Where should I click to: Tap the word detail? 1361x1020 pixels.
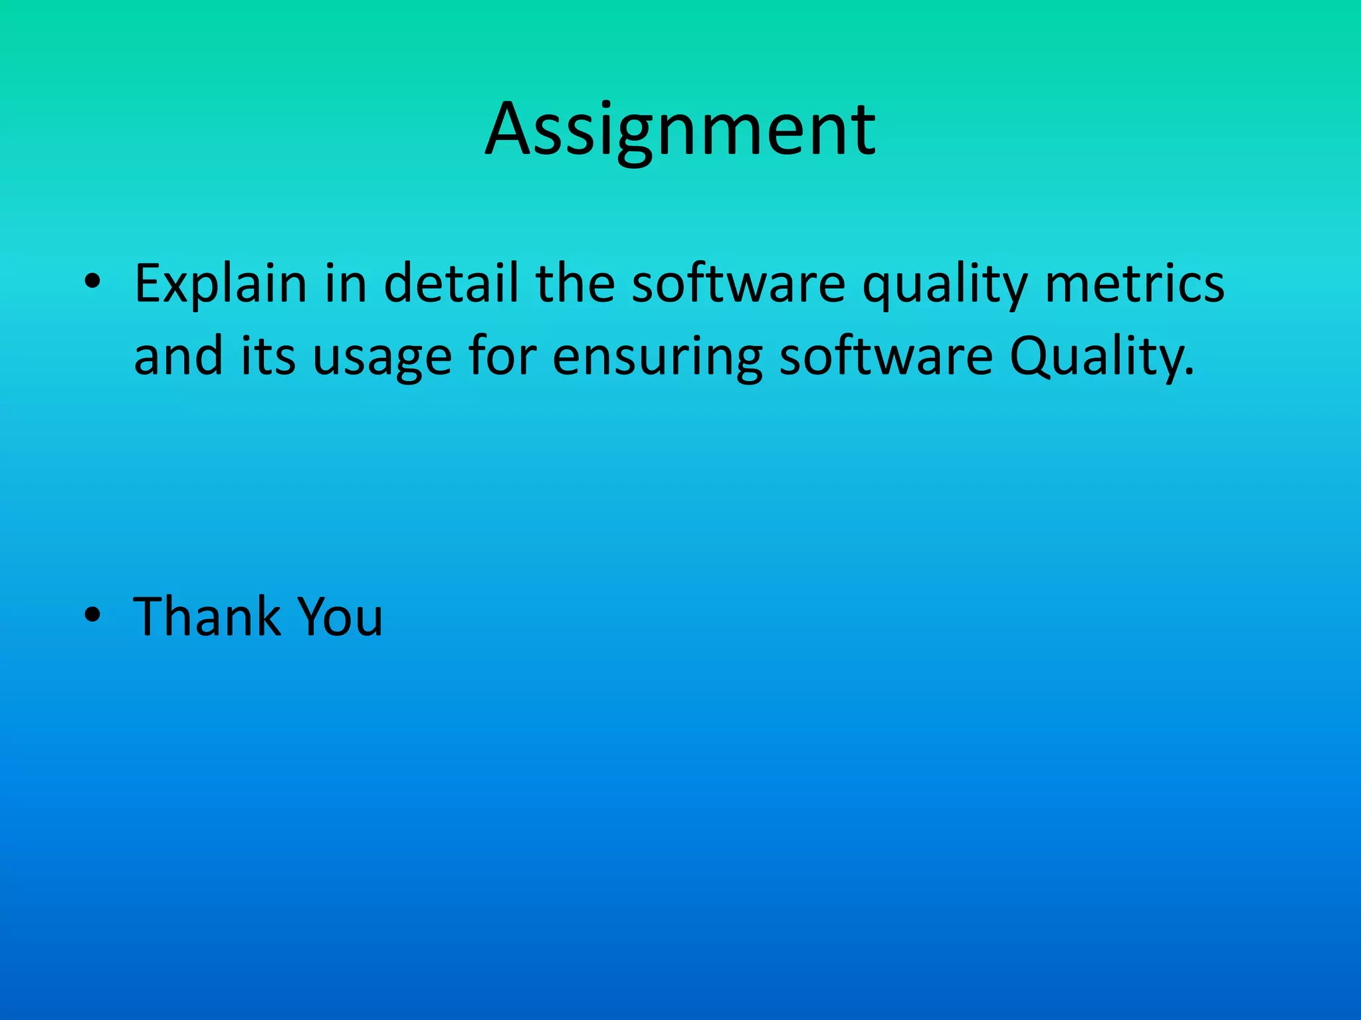click(451, 284)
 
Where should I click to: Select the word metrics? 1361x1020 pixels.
click(1134, 284)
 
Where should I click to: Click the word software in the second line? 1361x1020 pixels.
click(886, 357)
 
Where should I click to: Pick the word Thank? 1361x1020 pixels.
click(207, 617)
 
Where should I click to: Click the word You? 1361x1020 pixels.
click(340, 617)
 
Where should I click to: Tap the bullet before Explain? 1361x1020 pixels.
click(92, 283)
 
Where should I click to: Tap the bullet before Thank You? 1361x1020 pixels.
click(92, 616)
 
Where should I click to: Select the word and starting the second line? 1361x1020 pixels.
click(178, 357)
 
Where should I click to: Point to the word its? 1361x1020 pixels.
click(268, 357)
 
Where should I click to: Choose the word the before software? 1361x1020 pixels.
click(575, 284)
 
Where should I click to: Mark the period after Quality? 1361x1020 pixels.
click(1190, 372)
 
